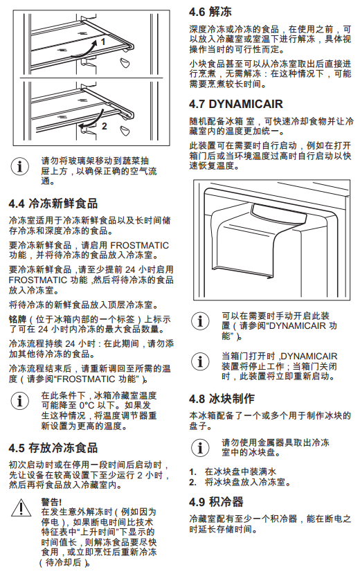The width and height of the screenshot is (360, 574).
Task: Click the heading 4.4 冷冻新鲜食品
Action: pos(53,204)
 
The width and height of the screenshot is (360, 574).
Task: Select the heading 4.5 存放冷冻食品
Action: pos(53,448)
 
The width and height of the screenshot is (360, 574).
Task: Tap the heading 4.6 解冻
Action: pos(210,12)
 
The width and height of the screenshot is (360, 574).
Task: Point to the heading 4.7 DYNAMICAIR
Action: pos(236,104)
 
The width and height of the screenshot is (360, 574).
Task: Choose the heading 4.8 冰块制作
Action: pos(222,399)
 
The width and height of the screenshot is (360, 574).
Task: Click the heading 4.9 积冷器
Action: pos(216,502)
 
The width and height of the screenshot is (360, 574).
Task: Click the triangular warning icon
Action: pos(21,508)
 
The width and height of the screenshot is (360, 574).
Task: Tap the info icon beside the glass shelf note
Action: pos(20,167)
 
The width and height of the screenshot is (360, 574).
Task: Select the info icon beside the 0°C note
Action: pos(20,401)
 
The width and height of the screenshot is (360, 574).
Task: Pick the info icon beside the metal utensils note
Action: pos(200,448)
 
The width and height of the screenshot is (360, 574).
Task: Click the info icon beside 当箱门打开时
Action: pos(200,361)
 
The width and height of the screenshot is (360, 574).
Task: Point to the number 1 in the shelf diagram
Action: pos(103,42)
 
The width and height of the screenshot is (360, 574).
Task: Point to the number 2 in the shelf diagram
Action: pos(105,126)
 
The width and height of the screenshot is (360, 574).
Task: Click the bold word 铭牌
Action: pos(17,320)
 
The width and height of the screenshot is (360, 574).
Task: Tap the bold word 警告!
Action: pos(51,502)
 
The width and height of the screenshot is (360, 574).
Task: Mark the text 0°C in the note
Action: pos(87,406)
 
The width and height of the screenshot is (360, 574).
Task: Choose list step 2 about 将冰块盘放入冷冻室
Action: pos(240,483)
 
